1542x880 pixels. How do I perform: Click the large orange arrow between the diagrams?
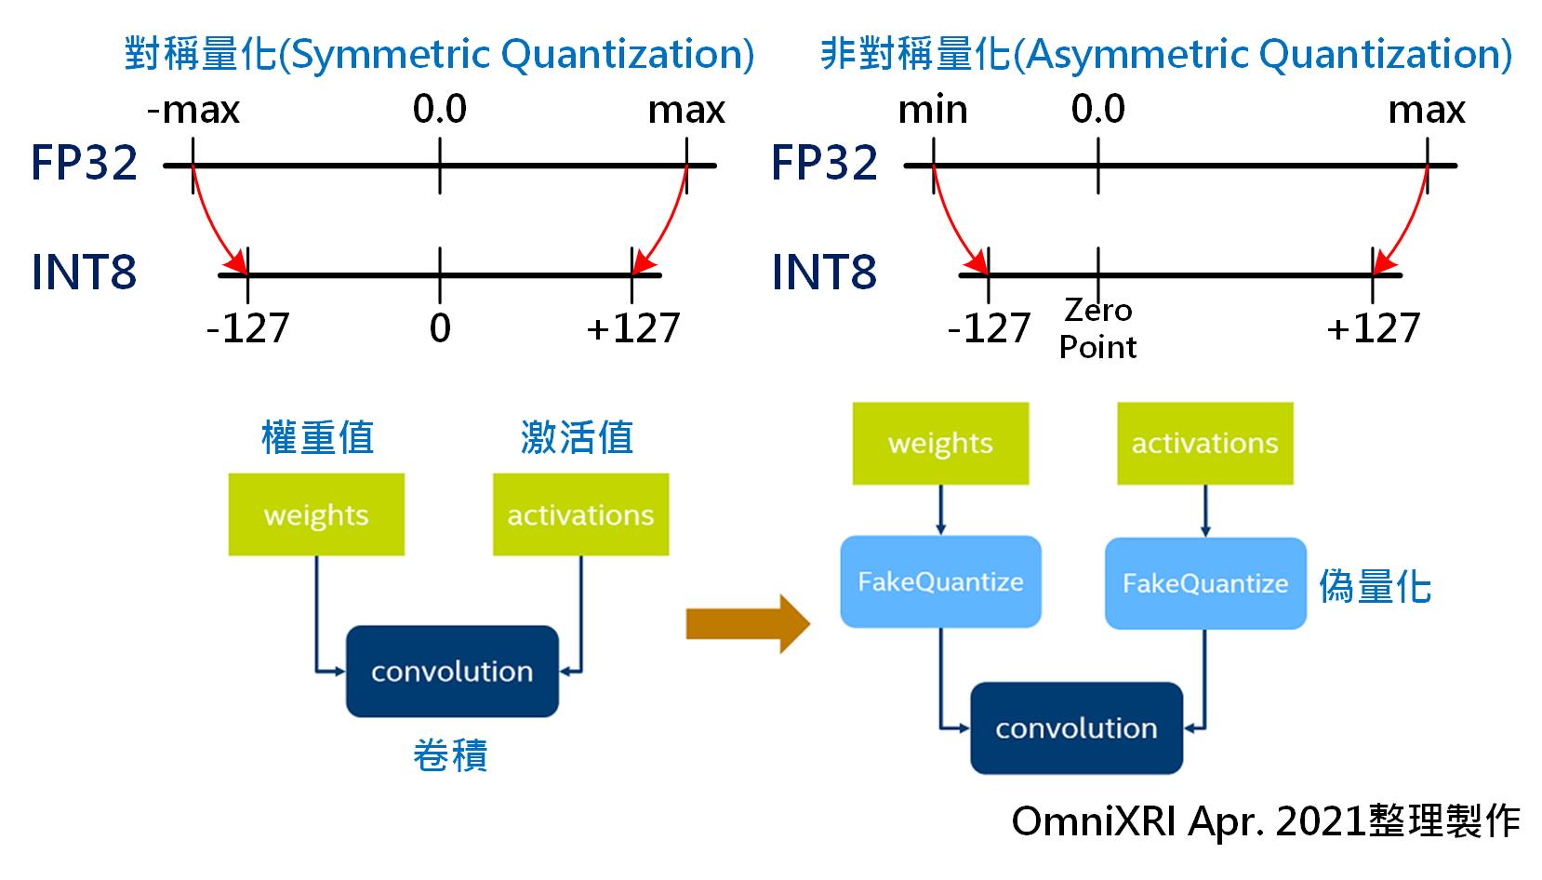tap(748, 624)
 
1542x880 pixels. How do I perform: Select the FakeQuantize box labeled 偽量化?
tap(1205, 583)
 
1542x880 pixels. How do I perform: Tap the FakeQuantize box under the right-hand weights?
tap(940, 581)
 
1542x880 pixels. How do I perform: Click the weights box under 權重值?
tap(316, 514)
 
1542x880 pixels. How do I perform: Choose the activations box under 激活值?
tap(580, 514)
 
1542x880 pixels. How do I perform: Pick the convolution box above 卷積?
tap(452, 672)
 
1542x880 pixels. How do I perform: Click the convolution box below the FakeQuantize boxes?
tap(1077, 727)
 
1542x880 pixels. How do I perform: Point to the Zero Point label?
tap(1097, 328)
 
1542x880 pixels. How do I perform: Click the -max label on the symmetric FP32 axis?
tap(193, 110)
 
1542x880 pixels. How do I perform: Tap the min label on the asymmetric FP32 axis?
tap(933, 110)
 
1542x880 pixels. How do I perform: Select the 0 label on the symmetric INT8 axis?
tap(440, 327)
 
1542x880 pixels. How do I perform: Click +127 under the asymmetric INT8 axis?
tap(1373, 327)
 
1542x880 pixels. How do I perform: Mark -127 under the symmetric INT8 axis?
tap(247, 327)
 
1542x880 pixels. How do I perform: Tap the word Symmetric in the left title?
tap(392, 54)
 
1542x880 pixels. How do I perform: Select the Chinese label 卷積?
tap(450, 754)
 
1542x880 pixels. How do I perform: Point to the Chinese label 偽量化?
tap(1375, 586)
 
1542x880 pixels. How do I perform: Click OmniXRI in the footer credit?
tap(1094, 820)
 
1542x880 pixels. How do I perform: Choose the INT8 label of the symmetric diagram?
tap(84, 272)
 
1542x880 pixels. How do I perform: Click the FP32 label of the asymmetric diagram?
tap(824, 163)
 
